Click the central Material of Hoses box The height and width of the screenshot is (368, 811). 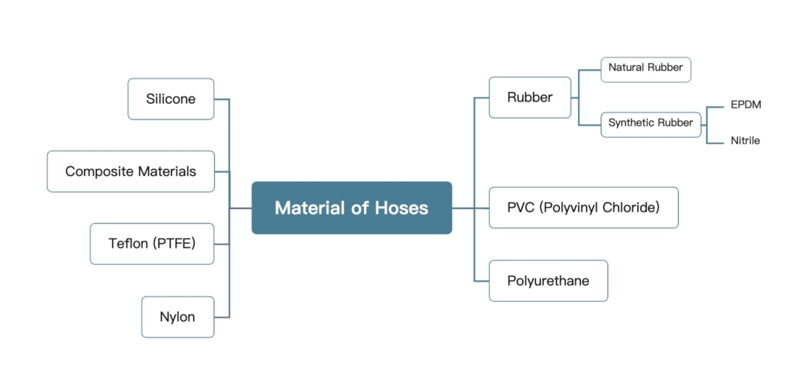tap(351, 208)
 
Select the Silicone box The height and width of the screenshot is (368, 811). tap(171, 99)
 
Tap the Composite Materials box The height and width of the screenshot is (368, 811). tap(131, 171)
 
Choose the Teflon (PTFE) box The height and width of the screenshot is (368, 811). tap(151, 244)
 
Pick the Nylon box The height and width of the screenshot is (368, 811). tap(177, 317)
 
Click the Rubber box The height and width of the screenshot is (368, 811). tap(530, 98)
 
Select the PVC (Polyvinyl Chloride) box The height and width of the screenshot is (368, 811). tap(583, 208)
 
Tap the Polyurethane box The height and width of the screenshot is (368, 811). tap(548, 281)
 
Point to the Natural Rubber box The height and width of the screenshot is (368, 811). tap(646, 68)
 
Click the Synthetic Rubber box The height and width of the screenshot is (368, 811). tap(650, 123)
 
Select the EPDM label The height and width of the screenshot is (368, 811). tap(746, 105)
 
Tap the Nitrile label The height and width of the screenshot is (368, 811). tap(745, 141)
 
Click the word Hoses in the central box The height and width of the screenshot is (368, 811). tap(402, 208)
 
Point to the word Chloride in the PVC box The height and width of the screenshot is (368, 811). tap(630, 208)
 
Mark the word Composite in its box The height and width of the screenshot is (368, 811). tap(99, 171)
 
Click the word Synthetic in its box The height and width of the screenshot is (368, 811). tap(632, 123)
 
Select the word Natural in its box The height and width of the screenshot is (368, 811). tap(626, 68)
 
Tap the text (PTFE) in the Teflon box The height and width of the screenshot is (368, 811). tap(173, 244)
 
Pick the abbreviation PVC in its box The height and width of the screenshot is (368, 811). tap(521, 208)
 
